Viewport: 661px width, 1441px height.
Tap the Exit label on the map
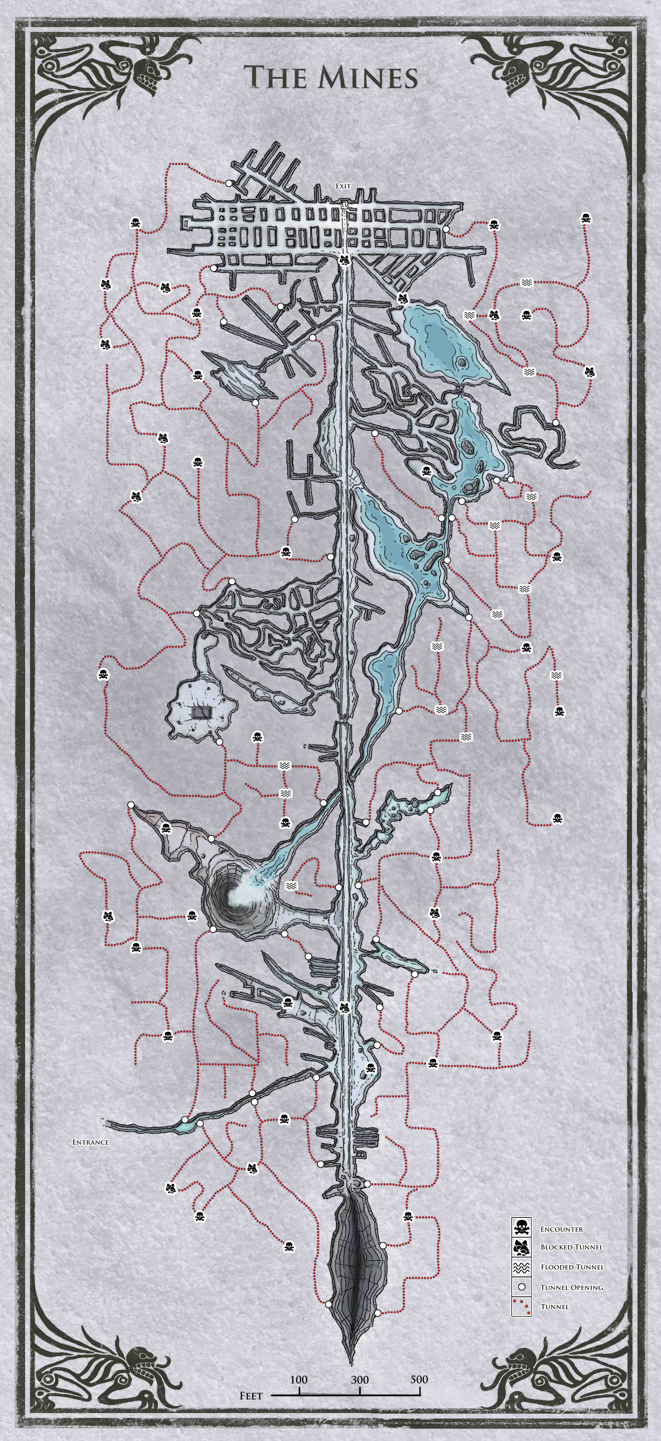coord(343,186)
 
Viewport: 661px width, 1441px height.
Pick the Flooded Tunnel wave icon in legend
coord(521,1267)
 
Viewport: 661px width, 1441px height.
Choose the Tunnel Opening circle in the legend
coord(521,1287)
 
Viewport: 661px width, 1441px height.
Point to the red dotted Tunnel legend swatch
coord(521,1306)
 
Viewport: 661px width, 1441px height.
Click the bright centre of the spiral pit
coord(235,895)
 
